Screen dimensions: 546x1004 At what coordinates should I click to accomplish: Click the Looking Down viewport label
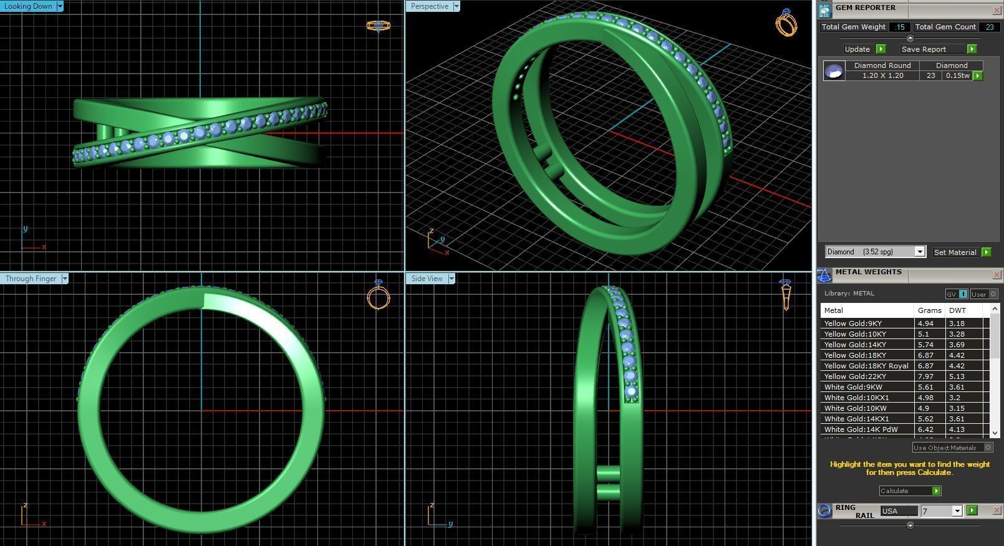pyautogui.click(x=29, y=6)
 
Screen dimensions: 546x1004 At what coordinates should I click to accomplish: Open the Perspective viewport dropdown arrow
pyautogui.click(x=456, y=6)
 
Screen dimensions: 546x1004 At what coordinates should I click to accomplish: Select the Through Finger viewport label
pyautogui.click(x=31, y=279)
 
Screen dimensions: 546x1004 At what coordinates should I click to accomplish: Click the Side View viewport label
pyautogui.click(x=427, y=279)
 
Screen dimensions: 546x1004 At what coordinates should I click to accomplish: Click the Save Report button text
pyautogui.click(x=924, y=49)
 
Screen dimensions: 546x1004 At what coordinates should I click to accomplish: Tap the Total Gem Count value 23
pyautogui.click(x=990, y=27)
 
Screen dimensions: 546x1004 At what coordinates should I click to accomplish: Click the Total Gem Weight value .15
pyautogui.click(x=899, y=27)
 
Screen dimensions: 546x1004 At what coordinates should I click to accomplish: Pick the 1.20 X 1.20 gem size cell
pyautogui.click(x=882, y=75)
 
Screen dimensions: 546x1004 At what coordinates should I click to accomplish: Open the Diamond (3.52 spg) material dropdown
pyautogui.click(x=919, y=252)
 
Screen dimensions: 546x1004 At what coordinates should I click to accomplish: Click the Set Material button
pyautogui.click(x=955, y=252)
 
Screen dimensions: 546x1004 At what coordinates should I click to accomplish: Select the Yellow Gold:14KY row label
pyautogui.click(x=854, y=345)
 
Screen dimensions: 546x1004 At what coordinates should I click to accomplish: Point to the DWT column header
pyautogui.click(x=957, y=310)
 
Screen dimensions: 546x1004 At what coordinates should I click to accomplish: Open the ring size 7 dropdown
pyautogui.click(x=957, y=511)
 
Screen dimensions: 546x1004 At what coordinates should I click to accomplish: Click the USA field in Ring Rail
pyautogui.click(x=898, y=511)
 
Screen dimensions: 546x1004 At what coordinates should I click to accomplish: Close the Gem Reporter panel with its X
pyautogui.click(x=997, y=11)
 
